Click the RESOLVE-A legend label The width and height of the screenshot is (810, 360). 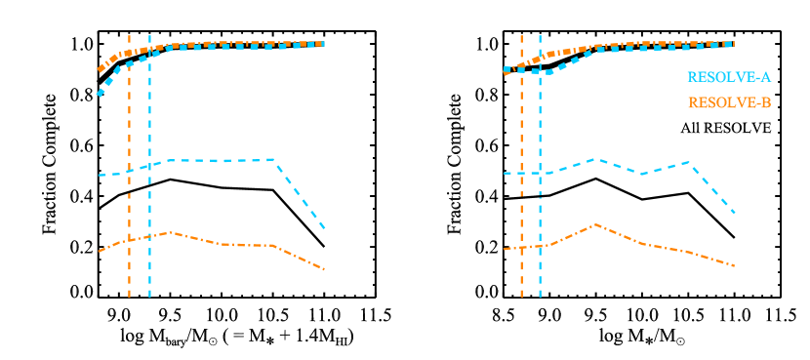729,76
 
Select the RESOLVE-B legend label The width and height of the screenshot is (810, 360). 729,101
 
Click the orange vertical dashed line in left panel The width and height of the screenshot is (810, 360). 129,195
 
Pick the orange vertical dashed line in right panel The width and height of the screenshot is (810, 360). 521,195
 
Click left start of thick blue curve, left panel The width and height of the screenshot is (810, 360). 99,94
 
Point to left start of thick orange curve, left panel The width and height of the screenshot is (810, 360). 100,70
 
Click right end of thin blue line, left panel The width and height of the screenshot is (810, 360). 324,228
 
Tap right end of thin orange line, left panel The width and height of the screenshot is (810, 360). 324,268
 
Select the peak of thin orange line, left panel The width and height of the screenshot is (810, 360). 172,232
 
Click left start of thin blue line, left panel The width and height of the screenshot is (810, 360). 99,176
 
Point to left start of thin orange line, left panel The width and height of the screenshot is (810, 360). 99,252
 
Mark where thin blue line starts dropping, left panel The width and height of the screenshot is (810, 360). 272,160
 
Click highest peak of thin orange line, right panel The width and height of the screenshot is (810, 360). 596,224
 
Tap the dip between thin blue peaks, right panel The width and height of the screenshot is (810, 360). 642,174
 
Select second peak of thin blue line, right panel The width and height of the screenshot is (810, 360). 690,162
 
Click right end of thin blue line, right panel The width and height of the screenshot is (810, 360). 733,212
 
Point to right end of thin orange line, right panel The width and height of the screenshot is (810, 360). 733,265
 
